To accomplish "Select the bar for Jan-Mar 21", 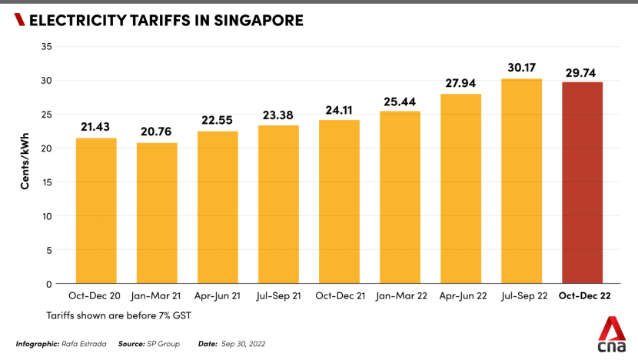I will pyautogui.click(x=157, y=213).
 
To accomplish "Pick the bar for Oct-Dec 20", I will pyautogui.click(x=96, y=211).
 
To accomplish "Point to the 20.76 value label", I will pyautogui.click(x=157, y=132).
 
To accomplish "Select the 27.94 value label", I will pyautogui.click(x=460, y=82).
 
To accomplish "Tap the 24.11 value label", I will pyautogui.click(x=339, y=109).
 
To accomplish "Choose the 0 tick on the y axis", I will pyautogui.click(x=49, y=284).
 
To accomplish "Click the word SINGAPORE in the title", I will pyautogui.click(x=257, y=21).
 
